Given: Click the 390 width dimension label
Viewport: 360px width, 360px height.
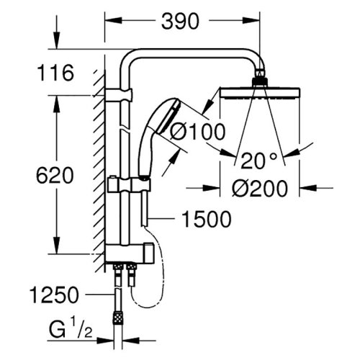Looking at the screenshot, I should click(x=178, y=22).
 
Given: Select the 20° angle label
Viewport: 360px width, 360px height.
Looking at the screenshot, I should click(x=258, y=159).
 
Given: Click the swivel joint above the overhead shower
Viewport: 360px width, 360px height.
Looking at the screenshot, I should click(x=258, y=80).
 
